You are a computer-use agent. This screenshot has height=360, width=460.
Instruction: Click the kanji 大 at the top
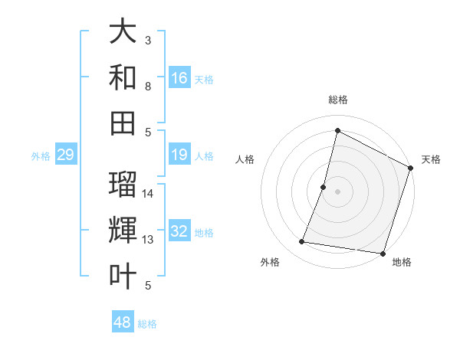(123, 33)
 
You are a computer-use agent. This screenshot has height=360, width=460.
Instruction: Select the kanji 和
(123, 78)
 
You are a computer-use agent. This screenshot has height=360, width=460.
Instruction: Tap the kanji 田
(123, 123)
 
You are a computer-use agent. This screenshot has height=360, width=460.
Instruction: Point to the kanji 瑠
(123, 185)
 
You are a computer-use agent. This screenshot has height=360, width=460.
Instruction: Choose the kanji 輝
(123, 231)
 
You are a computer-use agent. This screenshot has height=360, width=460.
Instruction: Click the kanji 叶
(123, 276)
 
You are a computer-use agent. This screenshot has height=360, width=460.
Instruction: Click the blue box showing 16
(179, 78)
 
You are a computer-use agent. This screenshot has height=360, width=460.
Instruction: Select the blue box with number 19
(179, 155)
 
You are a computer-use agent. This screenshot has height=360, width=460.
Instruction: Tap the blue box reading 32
(179, 232)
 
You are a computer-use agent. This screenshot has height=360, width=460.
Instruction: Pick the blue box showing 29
(65, 155)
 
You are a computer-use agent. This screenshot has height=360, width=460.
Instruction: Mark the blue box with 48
(123, 322)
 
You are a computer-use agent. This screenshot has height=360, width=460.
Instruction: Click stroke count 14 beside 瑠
(148, 193)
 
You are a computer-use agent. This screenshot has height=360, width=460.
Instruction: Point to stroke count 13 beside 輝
(148, 240)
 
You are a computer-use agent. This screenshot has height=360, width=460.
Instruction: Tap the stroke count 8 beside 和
(148, 87)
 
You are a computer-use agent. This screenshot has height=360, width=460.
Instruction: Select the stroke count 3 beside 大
(148, 40)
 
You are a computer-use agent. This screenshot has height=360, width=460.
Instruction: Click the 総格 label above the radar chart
(338, 100)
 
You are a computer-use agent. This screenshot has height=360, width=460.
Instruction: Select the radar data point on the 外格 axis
(302, 242)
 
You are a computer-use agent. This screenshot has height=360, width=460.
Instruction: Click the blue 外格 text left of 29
(41, 156)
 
